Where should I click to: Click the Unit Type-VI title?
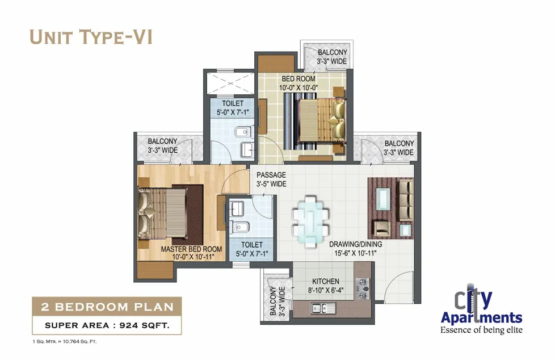(x=91, y=37)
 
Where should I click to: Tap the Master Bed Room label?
(x=191, y=249)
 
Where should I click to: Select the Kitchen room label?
(x=326, y=281)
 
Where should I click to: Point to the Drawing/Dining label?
(x=355, y=244)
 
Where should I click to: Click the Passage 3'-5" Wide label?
(x=271, y=179)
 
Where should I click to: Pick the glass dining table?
(x=310, y=221)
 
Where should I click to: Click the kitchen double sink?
(x=323, y=308)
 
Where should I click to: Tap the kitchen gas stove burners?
(x=363, y=288)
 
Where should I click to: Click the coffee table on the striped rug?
(x=383, y=199)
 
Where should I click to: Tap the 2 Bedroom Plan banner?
(x=107, y=307)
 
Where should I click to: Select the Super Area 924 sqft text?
(x=107, y=325)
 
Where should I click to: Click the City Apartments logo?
(x=481, y=312)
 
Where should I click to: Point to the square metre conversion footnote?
(x=64, y=342)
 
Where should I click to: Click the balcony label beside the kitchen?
(x=277, y=301)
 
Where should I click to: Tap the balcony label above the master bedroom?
(x=162, y=145)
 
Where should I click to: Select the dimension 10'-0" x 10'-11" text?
(x=194, y=257)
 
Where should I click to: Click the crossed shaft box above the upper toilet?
(x=230, y=83)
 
